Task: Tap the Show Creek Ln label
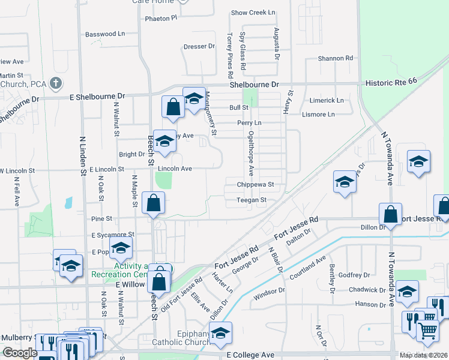point(253,13)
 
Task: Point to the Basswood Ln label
point(104,34)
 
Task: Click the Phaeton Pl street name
point(161,18)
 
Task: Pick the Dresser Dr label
point(199,46)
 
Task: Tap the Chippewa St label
point(255,185)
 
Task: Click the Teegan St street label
point(251,200)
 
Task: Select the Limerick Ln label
point(327,101)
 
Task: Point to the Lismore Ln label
point(327,114)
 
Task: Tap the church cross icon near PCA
point(56,82)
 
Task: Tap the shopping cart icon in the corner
point(427,329)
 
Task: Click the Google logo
point(20,353)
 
